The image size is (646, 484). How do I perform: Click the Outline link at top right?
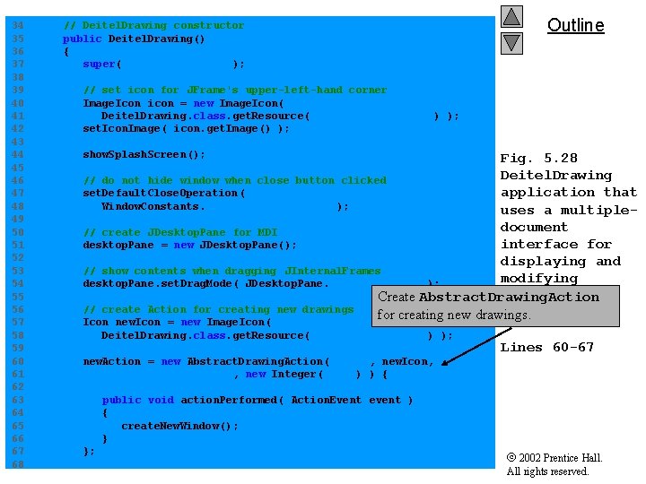coord(575,25)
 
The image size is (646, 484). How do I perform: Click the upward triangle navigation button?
coord(511,17)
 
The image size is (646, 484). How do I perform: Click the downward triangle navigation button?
coord(511,42)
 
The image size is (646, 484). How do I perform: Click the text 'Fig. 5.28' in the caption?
coord(538,158)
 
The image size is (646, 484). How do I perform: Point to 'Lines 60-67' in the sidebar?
coord(546,347)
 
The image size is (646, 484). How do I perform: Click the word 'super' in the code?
coord(100,64)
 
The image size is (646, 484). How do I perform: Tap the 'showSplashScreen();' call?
coord(144,154)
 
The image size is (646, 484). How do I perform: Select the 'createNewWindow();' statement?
coord(179,426)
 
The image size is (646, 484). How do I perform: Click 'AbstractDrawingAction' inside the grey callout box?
coord(509,297)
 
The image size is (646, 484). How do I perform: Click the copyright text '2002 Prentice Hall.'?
coord(560,458)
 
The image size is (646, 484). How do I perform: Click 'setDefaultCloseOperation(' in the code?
coord(163,193)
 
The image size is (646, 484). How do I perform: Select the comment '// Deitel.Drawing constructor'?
coord(153,25)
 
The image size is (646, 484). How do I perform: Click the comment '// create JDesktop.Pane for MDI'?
coord(180,232)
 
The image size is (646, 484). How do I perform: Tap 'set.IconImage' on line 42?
coord(120,128)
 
